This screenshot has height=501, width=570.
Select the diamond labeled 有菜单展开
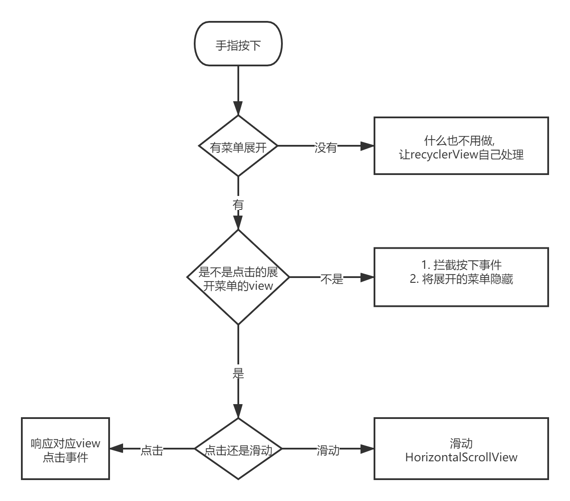tap(238, 146)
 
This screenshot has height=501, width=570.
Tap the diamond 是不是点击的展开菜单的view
tap(238, 278)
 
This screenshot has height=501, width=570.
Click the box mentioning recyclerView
tap(461, 146)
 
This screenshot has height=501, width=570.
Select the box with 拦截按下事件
tap(461, 277)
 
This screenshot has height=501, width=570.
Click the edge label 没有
tap(326, 147)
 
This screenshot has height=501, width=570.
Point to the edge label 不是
tap(332, 278)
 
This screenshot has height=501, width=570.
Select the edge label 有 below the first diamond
tap(238, 203)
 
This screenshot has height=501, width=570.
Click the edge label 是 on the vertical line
tap(238, 372)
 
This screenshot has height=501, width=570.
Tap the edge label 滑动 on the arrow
tap(328, 450)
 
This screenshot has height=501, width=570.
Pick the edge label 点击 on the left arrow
tap(152, 450)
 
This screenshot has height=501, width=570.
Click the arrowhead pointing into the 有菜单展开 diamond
tap(238, 108)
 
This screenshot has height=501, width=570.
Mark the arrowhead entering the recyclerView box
tap(367, 146)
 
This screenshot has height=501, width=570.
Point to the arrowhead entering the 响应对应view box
tap(116, 449)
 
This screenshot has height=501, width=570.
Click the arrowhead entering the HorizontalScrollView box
tap(367, 449)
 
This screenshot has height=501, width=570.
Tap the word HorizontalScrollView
tap(461, 457)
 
